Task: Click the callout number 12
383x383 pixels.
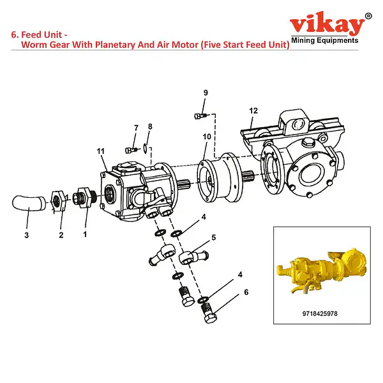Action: pyautogui.click(x=253, y=110)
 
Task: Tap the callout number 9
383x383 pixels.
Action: pyautogui.click(x=206, y=93)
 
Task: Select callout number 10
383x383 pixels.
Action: pyautogui.click(x=207, y=137)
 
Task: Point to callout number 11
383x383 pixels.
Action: pyautogui.click(x=101, y=151)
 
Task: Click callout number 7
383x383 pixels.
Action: pyautogui.click(x=137, y=128)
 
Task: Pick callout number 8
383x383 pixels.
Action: pyautogui.click(x=150, y=126)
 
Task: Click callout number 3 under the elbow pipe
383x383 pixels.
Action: pyautogui.click(x=27, y=235)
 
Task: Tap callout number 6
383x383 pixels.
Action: pyautogui.click(x=246, y=292)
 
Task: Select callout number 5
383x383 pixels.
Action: pyautogui.click(x=214, y=237)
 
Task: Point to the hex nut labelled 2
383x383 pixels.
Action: pyautogui.click(x=58, y=201)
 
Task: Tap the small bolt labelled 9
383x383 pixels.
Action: pyautogui.click(x=200, y=116)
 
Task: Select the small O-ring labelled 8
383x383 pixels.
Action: pyautogui.click(x=145, y=148)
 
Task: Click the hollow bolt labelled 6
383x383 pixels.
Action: pyautogui.click(x=209, y=313)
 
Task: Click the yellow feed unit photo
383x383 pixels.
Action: pyautogui.click(x=322, y=270)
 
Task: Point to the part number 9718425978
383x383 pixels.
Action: pyautogui.click(x=320, y=313)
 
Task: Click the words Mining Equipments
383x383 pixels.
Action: pyautogui.click(x=325, y=40)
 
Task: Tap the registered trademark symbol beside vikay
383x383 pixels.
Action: pyautogui.click(x=368, y=16)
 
